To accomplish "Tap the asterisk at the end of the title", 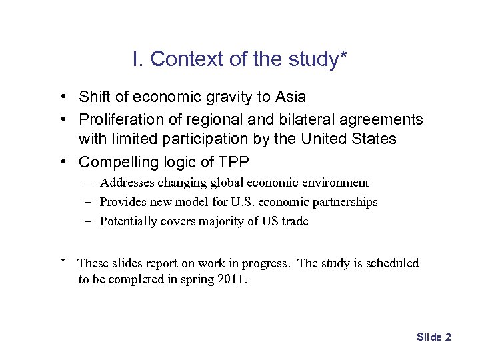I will tap(343, 56).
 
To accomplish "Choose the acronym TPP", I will tap(233, 162).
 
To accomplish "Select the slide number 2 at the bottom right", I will tap(448, 337).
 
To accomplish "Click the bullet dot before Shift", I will tap(61, 97).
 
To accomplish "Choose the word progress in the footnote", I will tap(267, 263).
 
